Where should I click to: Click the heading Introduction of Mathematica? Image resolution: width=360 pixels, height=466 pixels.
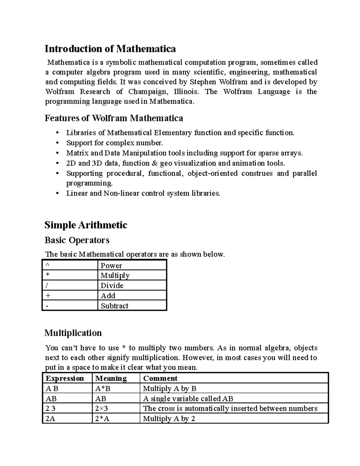pyautogui.click(x=110, y=49)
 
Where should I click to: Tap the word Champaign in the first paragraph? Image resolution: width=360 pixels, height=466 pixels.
pyautogui.click(x=146, y=92)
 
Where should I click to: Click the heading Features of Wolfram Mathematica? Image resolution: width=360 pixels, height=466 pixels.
pyautogui.click(x=114, y=118)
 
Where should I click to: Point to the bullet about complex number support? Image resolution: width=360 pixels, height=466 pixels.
pyautogui.click(x=115, y=143)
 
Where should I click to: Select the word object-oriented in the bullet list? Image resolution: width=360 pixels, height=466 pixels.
pyautogui.click(x=212, y=173)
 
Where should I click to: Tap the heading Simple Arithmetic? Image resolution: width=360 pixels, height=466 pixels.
pyautogui.click(x=86, y=225)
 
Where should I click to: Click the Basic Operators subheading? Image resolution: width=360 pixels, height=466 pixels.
pyautogui.click(x=77, y=240)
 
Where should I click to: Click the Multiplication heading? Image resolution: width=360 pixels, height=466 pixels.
pyautogui.click(x=73, y=333)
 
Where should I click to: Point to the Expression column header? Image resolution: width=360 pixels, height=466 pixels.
pyautogui.click(x=64, y=378)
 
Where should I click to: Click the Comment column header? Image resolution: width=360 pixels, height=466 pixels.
pyautogui.click(x=160, y=378)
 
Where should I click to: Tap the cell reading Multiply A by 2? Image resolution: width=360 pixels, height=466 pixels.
pyautogui.click(x=169, y=419)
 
